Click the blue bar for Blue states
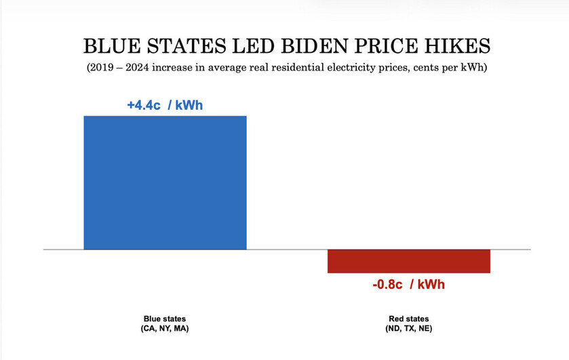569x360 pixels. (x=165, y=182)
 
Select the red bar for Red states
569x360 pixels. (x=408, y=261)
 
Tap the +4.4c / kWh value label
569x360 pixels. (x=165, y=105)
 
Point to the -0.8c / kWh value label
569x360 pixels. (x=408, y=284)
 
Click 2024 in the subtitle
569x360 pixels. (x=138, y=68)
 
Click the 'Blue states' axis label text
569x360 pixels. (x=165, y=319)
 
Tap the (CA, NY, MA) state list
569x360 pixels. (x=165, y=329)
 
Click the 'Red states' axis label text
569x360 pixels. (x=408, y=319)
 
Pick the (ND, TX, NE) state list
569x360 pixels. (x=408, y=329)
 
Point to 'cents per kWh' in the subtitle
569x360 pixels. (x=452, y=68)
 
